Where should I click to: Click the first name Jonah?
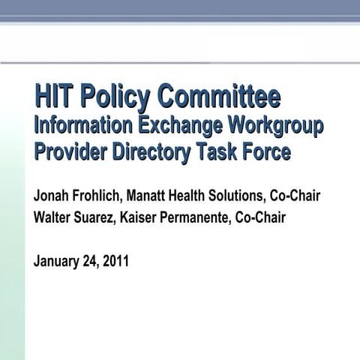pyautogui.click(x=50, y=197)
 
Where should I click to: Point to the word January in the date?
pyautogui.click(x=59, y=262)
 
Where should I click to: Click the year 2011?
pyautogui.click(x=118, y=262)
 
